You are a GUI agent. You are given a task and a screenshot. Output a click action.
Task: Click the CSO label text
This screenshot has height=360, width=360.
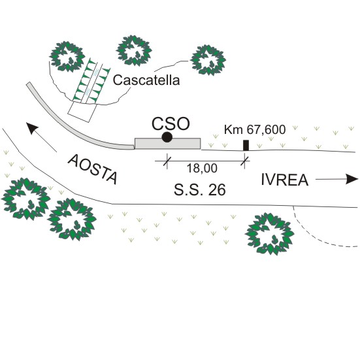171,123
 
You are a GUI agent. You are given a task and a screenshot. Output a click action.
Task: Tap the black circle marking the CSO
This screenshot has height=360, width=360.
167,137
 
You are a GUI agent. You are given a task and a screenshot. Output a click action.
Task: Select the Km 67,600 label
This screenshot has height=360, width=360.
255,129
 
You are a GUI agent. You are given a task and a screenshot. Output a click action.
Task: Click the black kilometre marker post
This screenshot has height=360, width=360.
246,145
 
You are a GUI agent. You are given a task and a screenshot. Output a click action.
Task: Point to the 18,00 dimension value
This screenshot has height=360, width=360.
202,168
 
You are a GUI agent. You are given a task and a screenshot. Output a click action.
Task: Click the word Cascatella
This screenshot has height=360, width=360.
146,80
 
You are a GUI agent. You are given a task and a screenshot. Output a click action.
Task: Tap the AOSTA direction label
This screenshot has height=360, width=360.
93,169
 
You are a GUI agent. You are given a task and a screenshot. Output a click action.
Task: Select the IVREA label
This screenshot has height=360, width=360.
285,180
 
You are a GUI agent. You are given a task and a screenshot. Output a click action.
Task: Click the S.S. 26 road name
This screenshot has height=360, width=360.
199,190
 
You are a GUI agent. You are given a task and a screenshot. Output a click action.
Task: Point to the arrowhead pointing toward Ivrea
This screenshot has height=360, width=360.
352,179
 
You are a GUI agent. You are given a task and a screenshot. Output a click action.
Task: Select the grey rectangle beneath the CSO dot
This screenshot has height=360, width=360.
168,144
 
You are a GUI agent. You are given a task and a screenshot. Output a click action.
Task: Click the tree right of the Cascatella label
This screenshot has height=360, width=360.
208,60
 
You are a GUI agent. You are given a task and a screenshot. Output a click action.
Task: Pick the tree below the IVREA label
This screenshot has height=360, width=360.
270,234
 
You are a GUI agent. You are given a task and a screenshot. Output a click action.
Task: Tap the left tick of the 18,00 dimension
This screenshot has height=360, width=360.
167,161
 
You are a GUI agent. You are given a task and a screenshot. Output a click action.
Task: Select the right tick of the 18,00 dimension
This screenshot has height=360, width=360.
245,161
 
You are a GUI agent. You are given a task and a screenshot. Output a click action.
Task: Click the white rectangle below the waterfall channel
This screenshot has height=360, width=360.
82,112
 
